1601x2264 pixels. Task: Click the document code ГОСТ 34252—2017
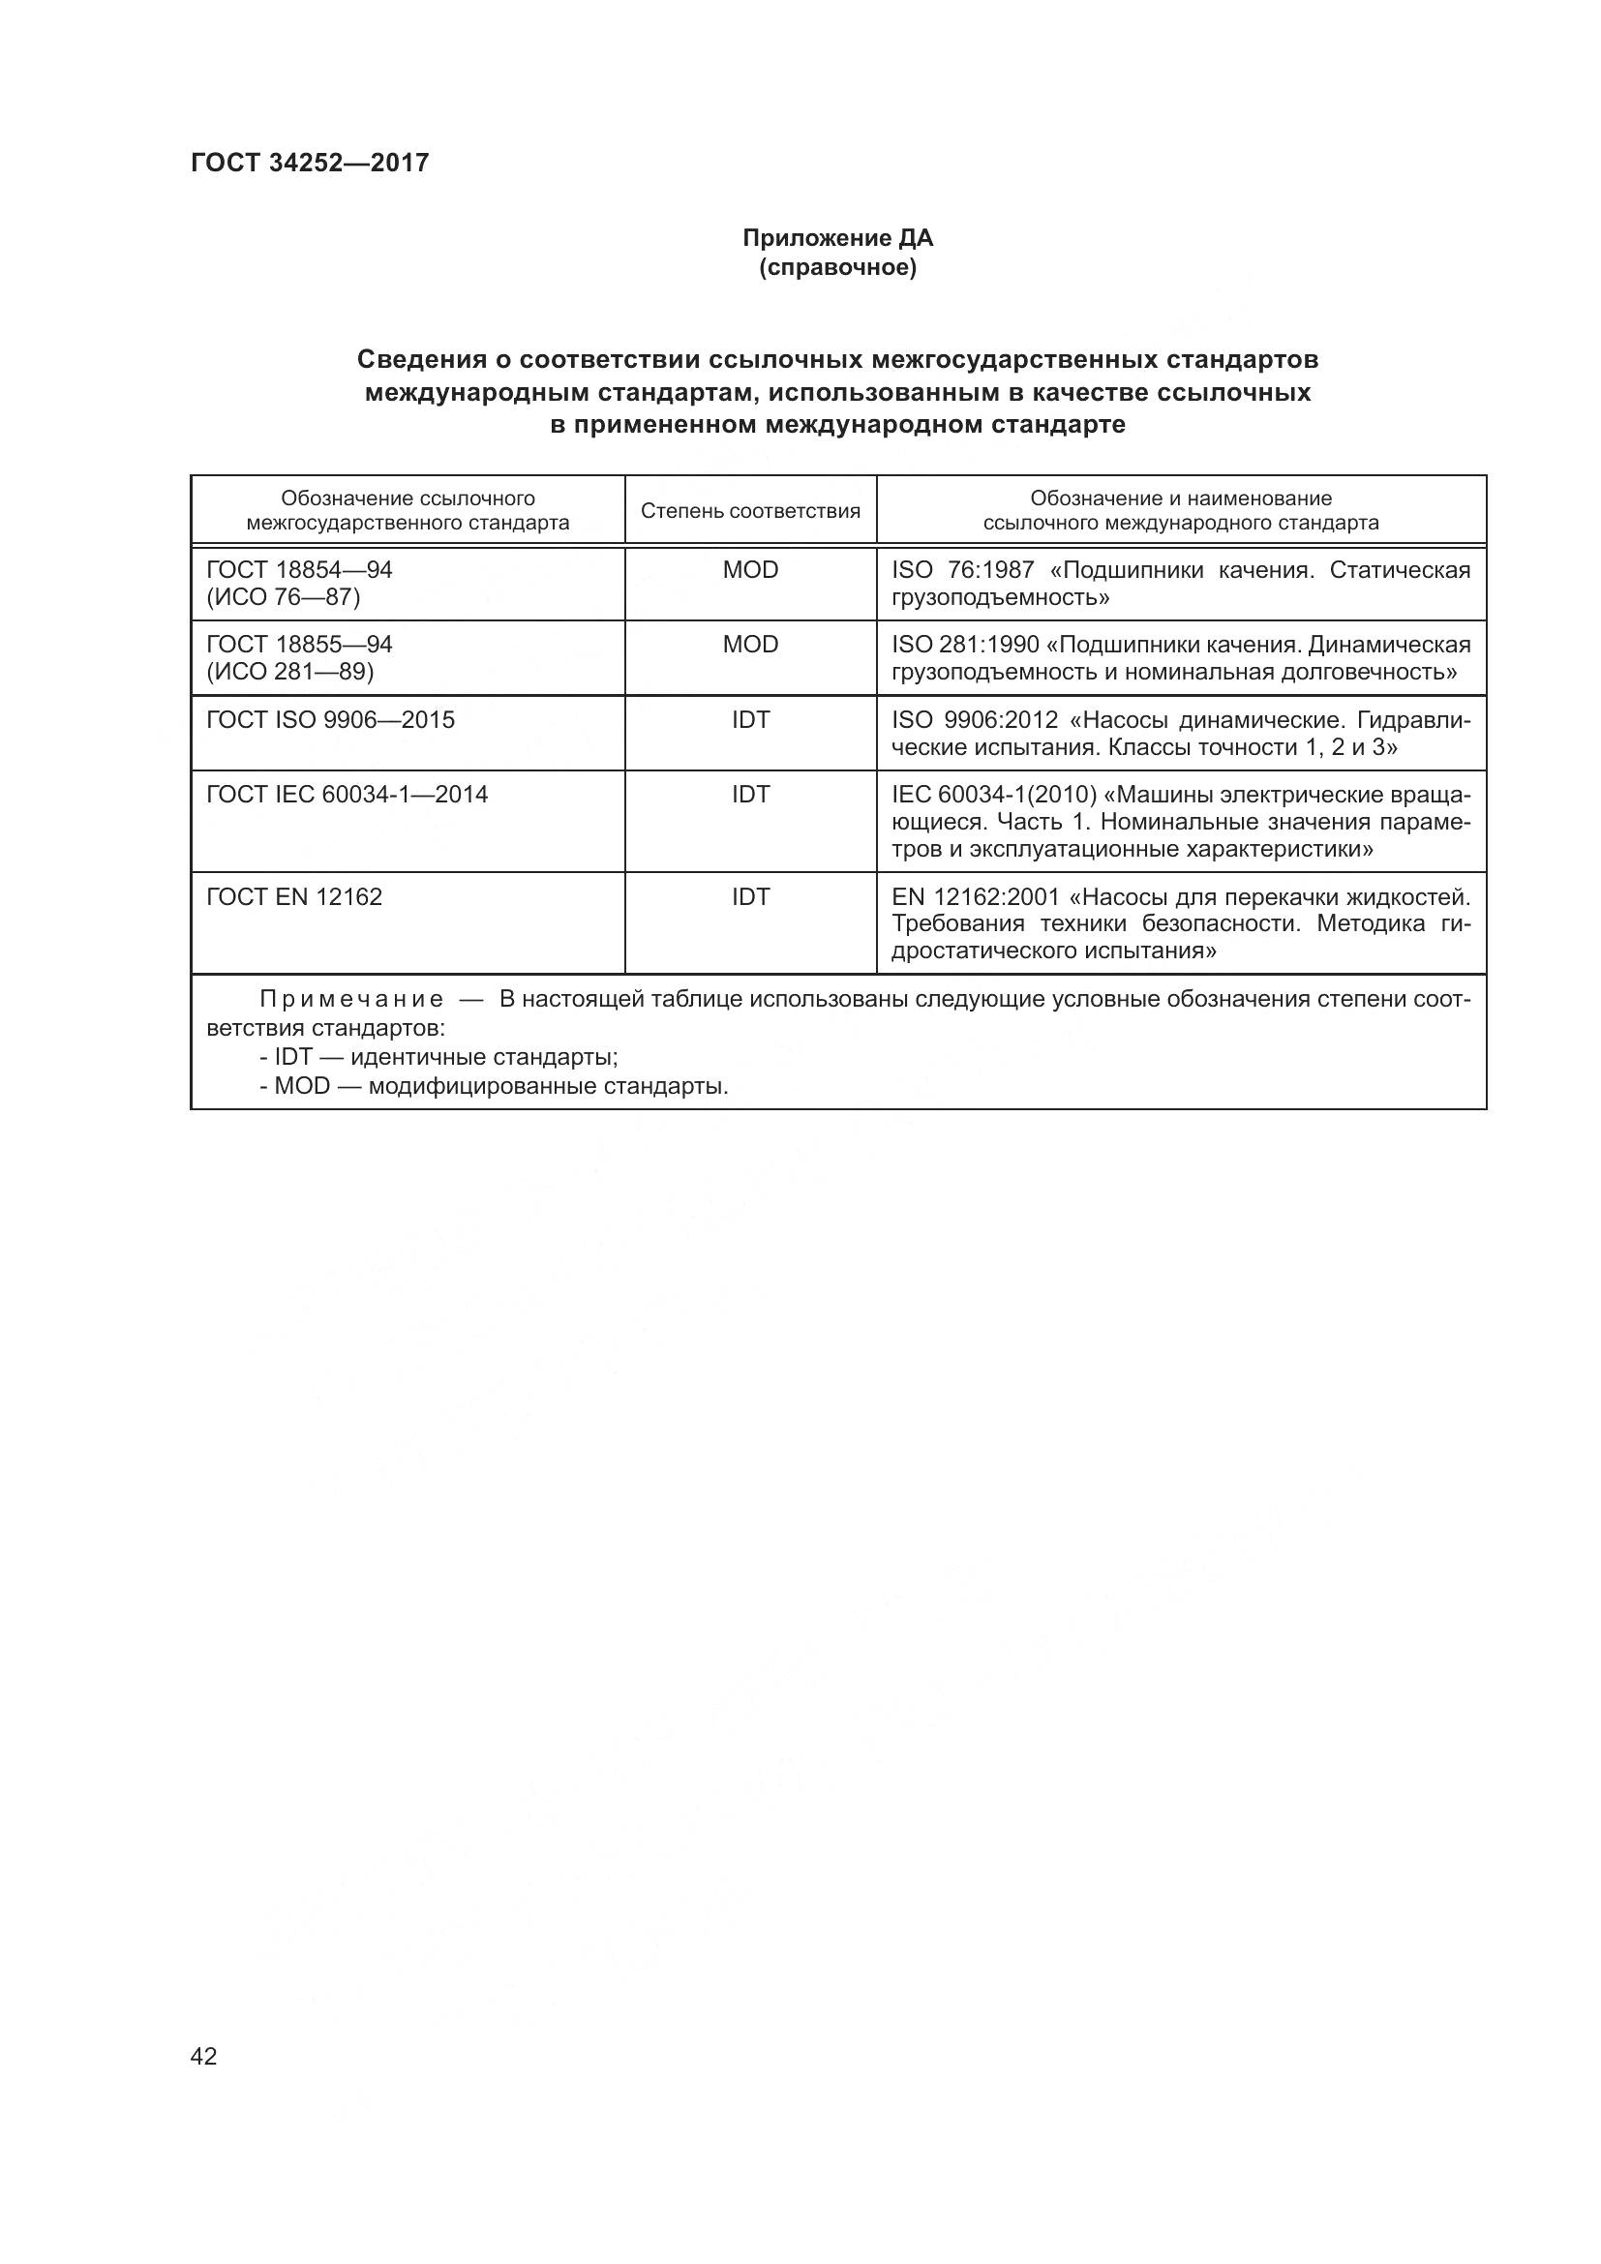point(310,163)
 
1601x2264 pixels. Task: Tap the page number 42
point(204,2057)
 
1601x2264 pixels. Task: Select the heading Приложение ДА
point(837,238)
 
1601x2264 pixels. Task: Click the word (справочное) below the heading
point(837,267)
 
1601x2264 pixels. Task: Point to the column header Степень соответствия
point(750,511)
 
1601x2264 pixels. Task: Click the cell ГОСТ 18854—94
point(300,570)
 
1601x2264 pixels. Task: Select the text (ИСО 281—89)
point(289,672)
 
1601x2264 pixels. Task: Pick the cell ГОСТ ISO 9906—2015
point(330,720)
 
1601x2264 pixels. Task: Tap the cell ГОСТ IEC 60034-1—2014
point(347,795)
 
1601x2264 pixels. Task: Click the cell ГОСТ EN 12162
point(294,897)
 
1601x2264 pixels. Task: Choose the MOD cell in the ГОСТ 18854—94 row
point(750,570)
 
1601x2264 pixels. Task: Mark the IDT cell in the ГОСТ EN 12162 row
point(750,897)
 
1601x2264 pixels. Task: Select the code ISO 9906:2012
point(974,720)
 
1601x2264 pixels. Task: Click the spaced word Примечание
point(351,1000)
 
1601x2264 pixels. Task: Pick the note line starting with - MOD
point(494,1087)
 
